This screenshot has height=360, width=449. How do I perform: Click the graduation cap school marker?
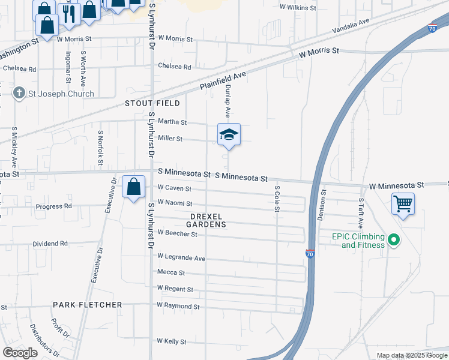[229, 135]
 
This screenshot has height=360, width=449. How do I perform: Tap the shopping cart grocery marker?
[403, 204]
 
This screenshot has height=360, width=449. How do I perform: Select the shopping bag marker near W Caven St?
[133, 187]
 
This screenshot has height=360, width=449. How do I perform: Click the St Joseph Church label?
[62, 94]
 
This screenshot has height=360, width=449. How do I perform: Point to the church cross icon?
[19, 94]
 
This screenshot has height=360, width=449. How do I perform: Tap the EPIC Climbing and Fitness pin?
[394, 241]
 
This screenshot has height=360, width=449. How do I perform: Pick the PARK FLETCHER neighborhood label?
[88, 305]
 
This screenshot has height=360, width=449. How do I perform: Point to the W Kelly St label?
[172, 341]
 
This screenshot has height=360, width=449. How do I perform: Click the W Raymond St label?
[178, 306]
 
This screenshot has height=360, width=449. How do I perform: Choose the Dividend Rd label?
[50, 244]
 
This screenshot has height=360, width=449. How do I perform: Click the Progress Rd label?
[53, 206]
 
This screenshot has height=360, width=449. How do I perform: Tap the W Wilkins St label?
[298, 7]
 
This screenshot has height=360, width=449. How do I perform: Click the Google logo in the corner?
[20, 353]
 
